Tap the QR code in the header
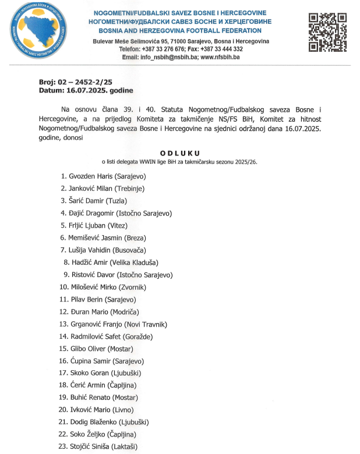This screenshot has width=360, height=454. coord(327,33)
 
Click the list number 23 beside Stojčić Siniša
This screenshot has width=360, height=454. coord(63,448)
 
